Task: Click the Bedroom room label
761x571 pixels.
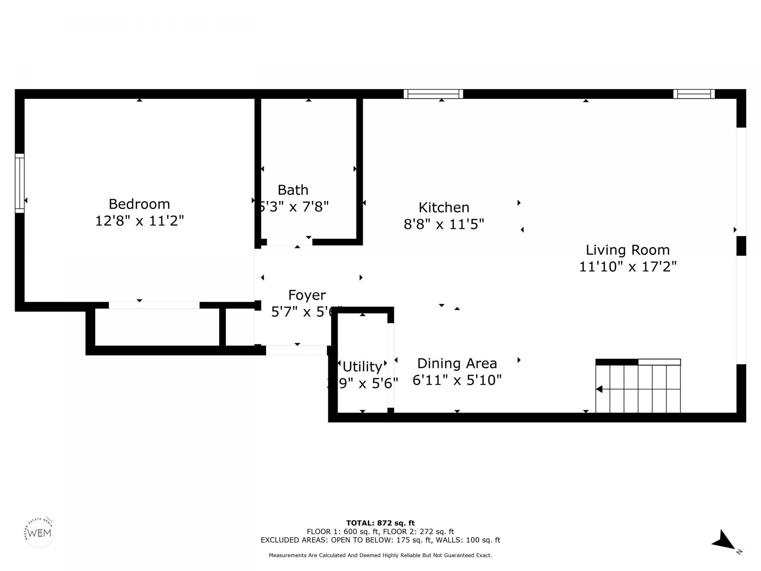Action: coord(139,204)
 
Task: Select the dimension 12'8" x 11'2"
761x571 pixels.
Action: coord(140,221)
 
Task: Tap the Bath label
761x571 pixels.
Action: coord(293,190)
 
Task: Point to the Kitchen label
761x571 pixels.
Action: coord(444,207)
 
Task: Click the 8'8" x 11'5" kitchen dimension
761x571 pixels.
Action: coord(444,224)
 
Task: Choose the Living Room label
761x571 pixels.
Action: coord(627,250)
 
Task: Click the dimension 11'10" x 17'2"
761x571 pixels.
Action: coord(627,266)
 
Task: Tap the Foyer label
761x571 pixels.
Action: coord(307,295)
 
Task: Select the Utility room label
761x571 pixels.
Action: coord(362,366)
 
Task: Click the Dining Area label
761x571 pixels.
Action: coord(457,363)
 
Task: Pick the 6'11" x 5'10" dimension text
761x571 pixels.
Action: coord(457,380)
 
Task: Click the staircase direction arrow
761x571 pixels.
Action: coord(600,389)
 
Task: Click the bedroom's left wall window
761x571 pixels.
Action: coord(19,183)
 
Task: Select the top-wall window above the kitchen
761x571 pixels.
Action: coord(433,94)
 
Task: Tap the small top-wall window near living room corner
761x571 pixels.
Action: coord(694,94)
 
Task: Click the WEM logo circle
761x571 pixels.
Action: coord(39,533)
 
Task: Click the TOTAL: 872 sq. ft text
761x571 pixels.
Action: coord(380,523)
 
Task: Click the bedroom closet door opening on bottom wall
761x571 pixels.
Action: coord(154,305)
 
